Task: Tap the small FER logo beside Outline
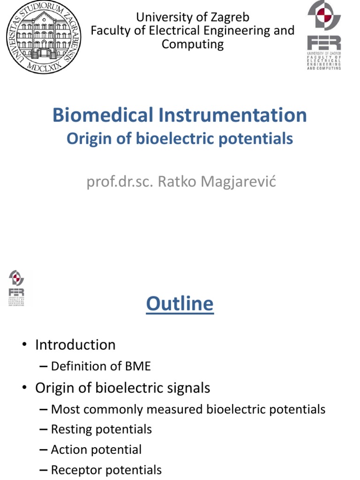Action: click(17, 288)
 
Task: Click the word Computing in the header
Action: click(193, 45)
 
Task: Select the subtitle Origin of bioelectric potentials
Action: click(180, 139)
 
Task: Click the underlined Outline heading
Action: click(180, 304)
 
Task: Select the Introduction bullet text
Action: click(75, 345)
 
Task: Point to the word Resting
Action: click(71, 429)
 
